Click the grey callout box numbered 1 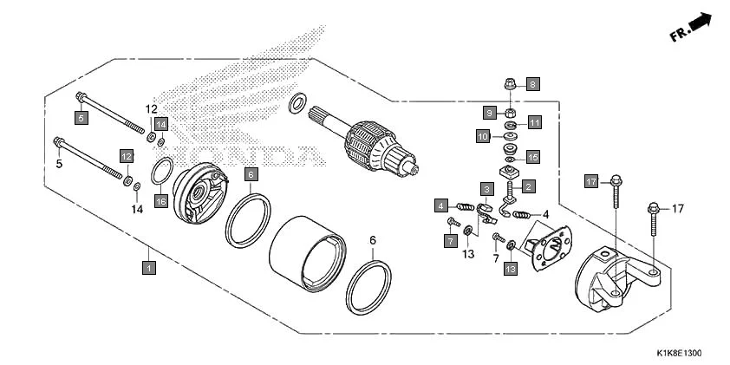149,269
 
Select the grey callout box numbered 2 527,186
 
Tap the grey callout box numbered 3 487,189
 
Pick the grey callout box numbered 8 532,84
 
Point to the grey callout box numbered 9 490,114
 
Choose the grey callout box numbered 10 483,136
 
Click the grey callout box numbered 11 535,123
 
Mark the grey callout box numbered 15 533,157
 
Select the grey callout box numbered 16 160,201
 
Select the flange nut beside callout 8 510,85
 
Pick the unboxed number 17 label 677,209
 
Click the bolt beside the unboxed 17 652,220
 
